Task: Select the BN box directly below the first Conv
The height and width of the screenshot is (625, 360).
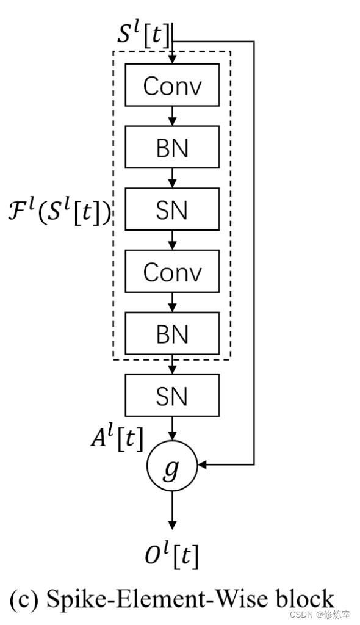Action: point(172,147)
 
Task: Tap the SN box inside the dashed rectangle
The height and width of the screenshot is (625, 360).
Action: point(172,209)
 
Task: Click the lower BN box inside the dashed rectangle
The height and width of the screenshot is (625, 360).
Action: point(172,333)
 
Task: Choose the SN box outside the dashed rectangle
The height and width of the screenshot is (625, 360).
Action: point(172,396)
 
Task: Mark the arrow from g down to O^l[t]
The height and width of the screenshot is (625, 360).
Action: point(172,510)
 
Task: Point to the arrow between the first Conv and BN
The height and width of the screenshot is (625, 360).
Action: point(172,116)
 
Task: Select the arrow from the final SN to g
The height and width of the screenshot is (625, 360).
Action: point(172,428)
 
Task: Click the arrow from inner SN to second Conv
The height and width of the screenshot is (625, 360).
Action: point(172,240)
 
